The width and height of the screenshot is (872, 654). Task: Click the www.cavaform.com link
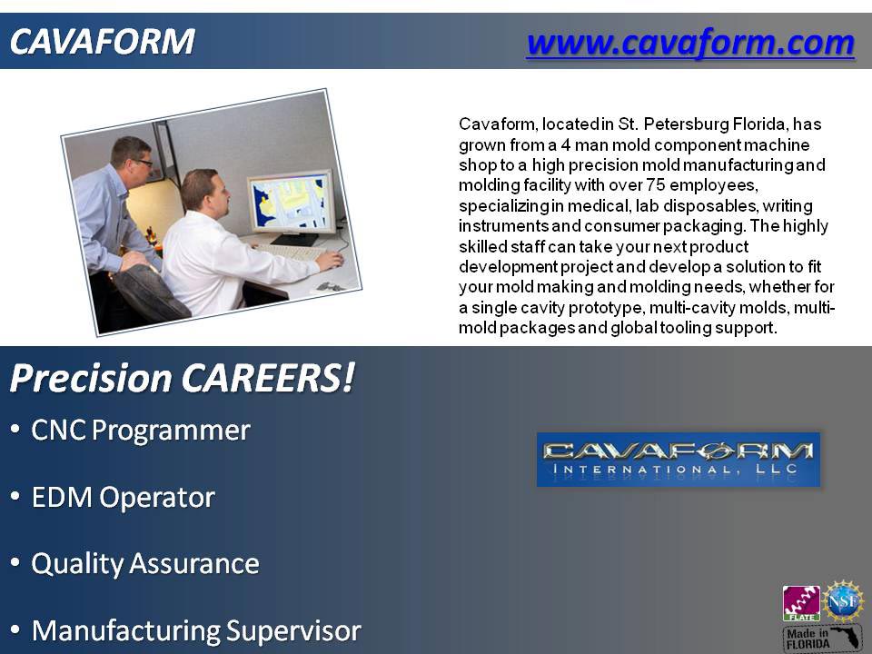(689, 42)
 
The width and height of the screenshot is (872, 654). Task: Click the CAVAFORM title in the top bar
(102, 41)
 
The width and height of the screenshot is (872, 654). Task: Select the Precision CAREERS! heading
(182, 379)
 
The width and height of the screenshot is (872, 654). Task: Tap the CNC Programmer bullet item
(140, 431)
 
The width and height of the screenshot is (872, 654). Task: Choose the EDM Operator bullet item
(123, 498)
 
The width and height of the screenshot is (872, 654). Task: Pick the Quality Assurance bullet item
(145, 564)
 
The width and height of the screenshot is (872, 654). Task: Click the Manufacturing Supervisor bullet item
(195, 630)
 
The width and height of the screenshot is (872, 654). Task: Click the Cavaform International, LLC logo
(679, 459)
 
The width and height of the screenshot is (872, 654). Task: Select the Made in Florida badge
(822, 637)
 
